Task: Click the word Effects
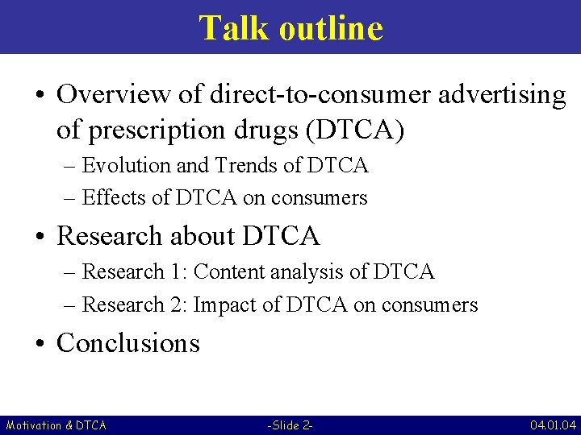tap(115, 197)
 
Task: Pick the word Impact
tap(225, 305)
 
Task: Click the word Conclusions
tap(128, 342)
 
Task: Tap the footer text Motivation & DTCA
tap(56, 425)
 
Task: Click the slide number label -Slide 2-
tap(290, 425)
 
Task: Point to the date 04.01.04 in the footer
tap(553, 425)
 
